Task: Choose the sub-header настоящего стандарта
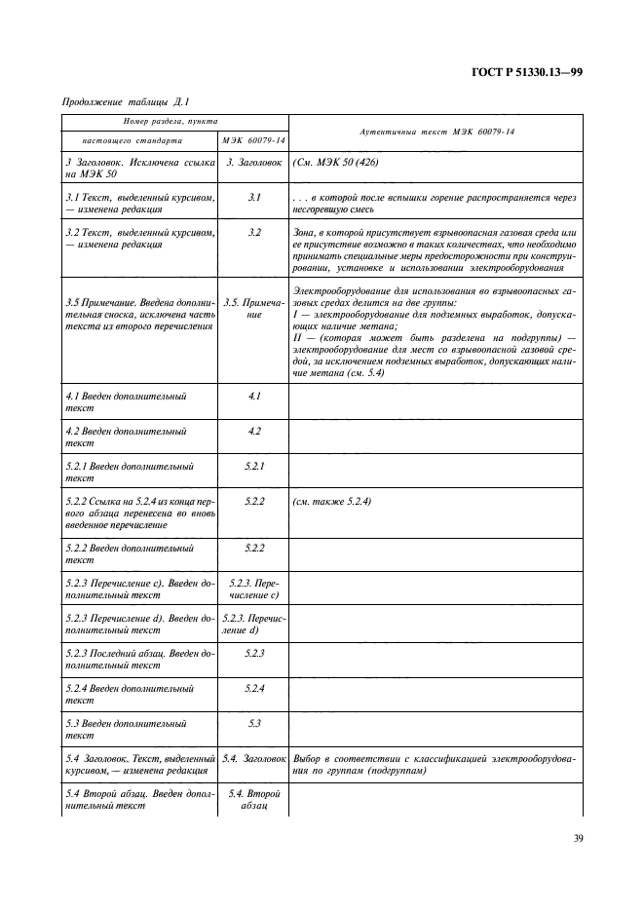click(126, 140)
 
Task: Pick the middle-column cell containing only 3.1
click(253, 198)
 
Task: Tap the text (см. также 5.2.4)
click(331, 501)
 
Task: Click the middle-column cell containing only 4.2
click(253, 431)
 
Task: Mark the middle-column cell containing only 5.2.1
click(253, 466)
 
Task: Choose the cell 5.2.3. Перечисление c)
click(253, 589)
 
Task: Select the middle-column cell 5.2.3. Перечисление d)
click(253, 624)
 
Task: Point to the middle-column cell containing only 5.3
click(253, 724)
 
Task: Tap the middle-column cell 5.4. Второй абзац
click(253, 800)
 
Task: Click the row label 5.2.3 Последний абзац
click(136, 659)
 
